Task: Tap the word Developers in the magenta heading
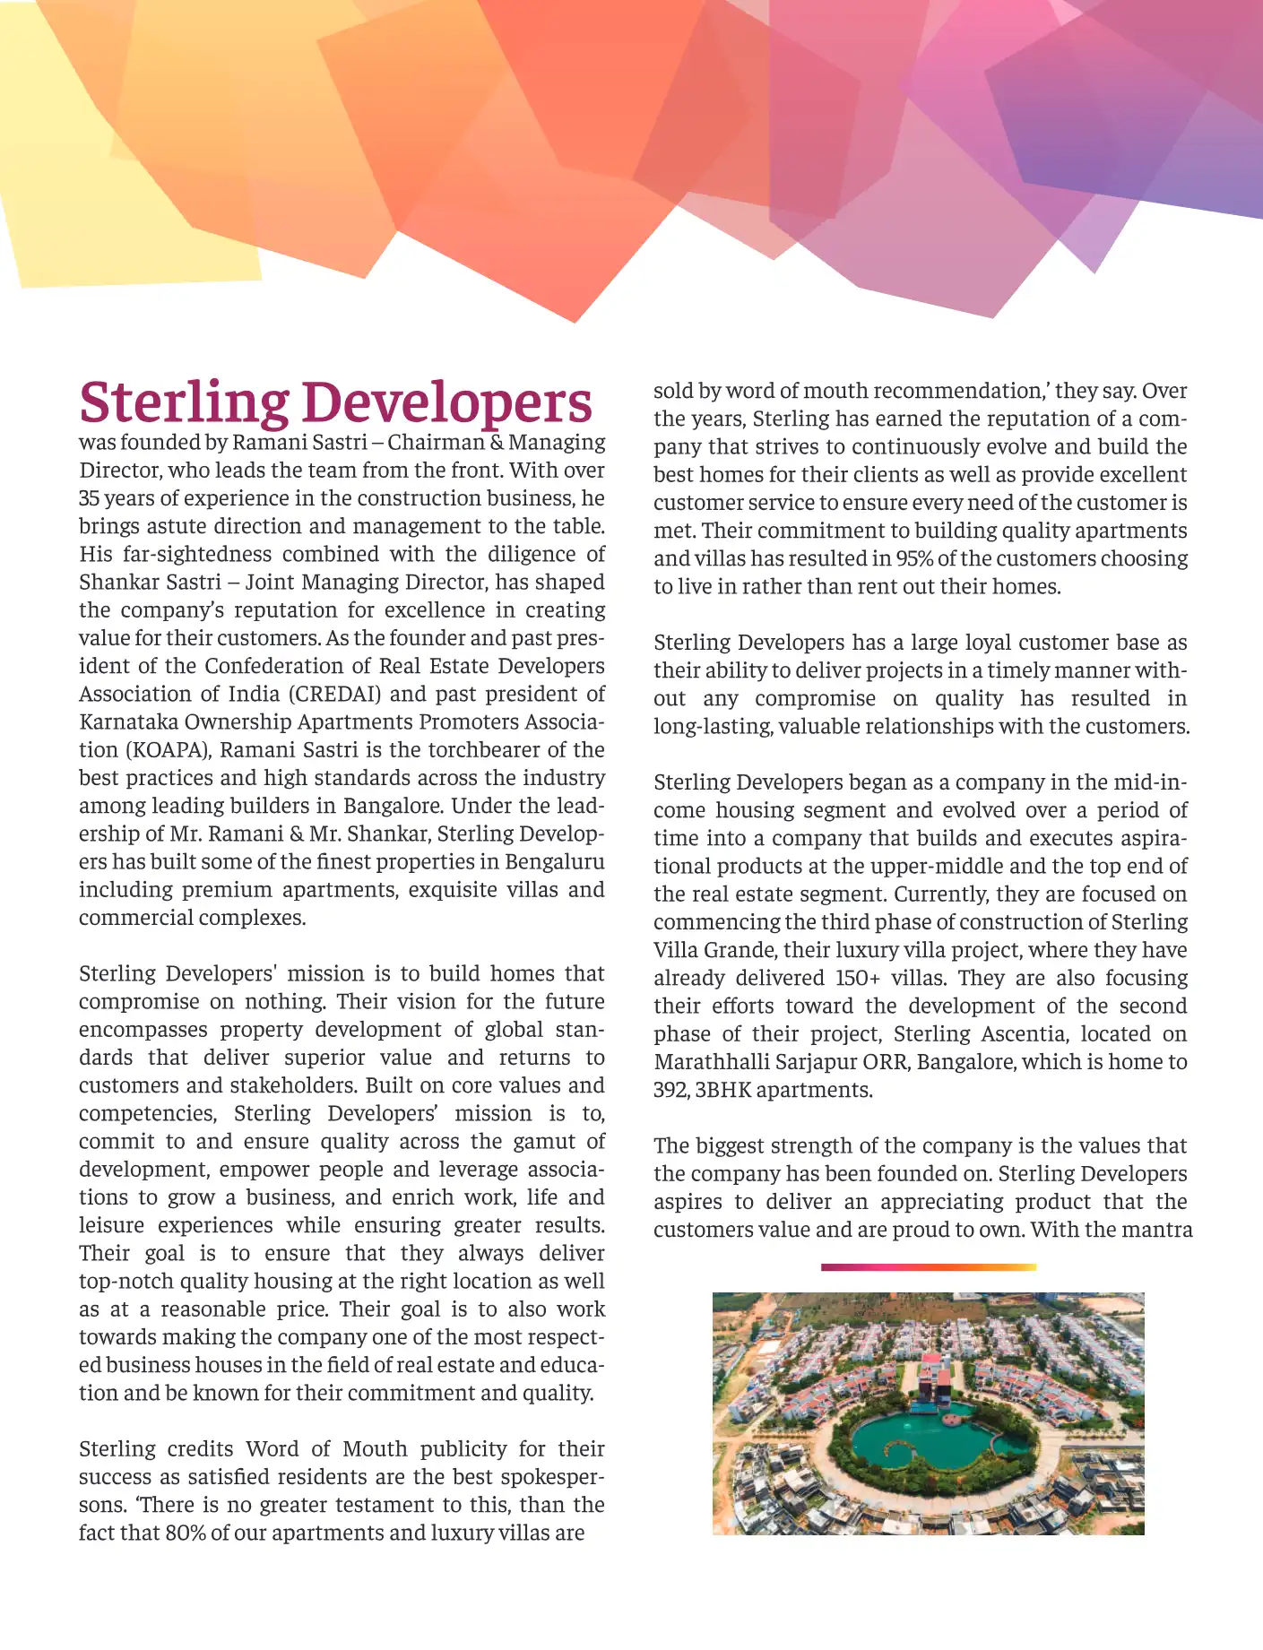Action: [446, 402]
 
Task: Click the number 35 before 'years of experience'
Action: [89, 498]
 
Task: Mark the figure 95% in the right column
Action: [913, 558]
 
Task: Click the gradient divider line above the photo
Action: [928, 1267]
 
